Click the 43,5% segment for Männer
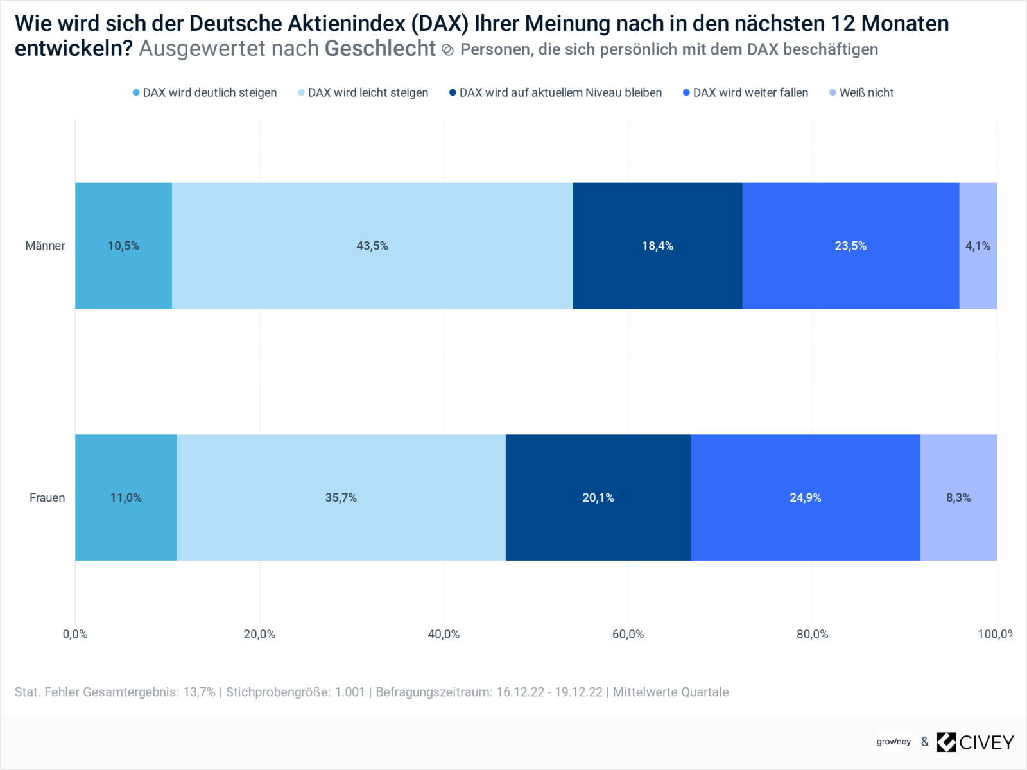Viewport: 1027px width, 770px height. coord(372,246)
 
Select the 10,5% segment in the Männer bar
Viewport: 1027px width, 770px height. coord(123,246)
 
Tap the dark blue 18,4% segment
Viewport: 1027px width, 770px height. coord(657,246)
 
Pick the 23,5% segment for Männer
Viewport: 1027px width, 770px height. coord(850,246)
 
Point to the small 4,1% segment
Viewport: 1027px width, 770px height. coord(978,246)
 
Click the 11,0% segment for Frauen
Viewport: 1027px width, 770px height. coord(126,498)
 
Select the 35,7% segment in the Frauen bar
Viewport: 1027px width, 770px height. coord(341,498)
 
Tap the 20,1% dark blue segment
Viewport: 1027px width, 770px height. coord(598,498)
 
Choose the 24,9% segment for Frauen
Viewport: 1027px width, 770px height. coord(806,498)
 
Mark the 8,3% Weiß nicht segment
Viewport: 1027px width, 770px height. coord(958,498)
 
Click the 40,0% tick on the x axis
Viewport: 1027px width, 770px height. coord(444,634)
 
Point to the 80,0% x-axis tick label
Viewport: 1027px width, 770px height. coord(812,634)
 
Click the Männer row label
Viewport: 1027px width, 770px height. coord(45,246)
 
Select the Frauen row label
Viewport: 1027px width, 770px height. coord(47,498)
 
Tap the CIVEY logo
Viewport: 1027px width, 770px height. coord(975,742)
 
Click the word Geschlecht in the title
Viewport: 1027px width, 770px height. coord(380,49)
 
